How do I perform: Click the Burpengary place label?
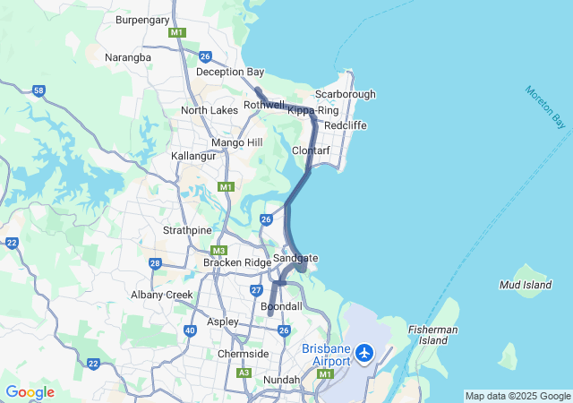click(x=143, y=18)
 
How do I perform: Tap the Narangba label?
click(x=129, y=56)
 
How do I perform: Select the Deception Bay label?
click(x=230, y=72)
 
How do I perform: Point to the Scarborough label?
click(x=345, y=94)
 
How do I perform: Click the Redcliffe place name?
click(x=346, y=125)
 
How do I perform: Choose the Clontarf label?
click(x=312, y=150)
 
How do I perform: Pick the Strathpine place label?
click(x=187, y=230)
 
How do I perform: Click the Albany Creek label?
click(x=162, y=295)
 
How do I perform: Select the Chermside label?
click(x=243, y=354)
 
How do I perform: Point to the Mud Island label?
click(x=525, y=285)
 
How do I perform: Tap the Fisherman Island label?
click(x=433, y=335)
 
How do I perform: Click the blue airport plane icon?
click(x=364, y=353)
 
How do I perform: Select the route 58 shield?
click(x=38, y=90)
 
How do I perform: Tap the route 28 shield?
click(x=155, y=263)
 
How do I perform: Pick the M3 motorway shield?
click(x=218, y=251)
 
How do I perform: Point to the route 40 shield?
click(x=190, y=330)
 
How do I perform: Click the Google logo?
click(x=30, y=392)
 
